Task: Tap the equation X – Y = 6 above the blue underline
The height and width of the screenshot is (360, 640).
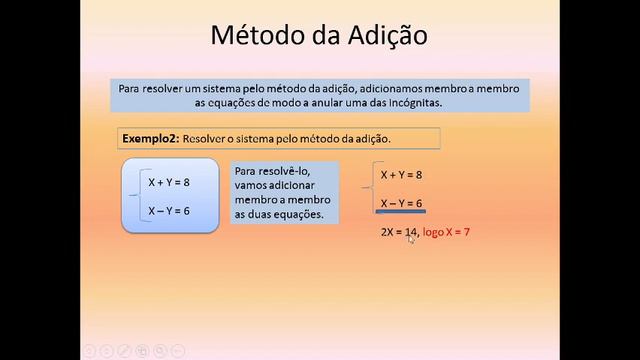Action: pos(401,203)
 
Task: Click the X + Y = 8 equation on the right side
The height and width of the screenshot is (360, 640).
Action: pos(401,174)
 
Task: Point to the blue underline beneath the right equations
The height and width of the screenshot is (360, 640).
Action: pos(401,213)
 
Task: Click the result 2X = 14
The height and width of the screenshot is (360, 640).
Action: pos(396,232)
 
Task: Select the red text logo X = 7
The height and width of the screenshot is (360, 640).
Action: pos(446,232)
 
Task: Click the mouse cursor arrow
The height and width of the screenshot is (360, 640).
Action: pos(411,238)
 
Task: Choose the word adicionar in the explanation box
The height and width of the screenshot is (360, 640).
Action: pos(298,185)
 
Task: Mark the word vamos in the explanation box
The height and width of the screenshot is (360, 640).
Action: pos(254,185)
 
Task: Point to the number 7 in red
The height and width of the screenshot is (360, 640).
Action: pos(466,232)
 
